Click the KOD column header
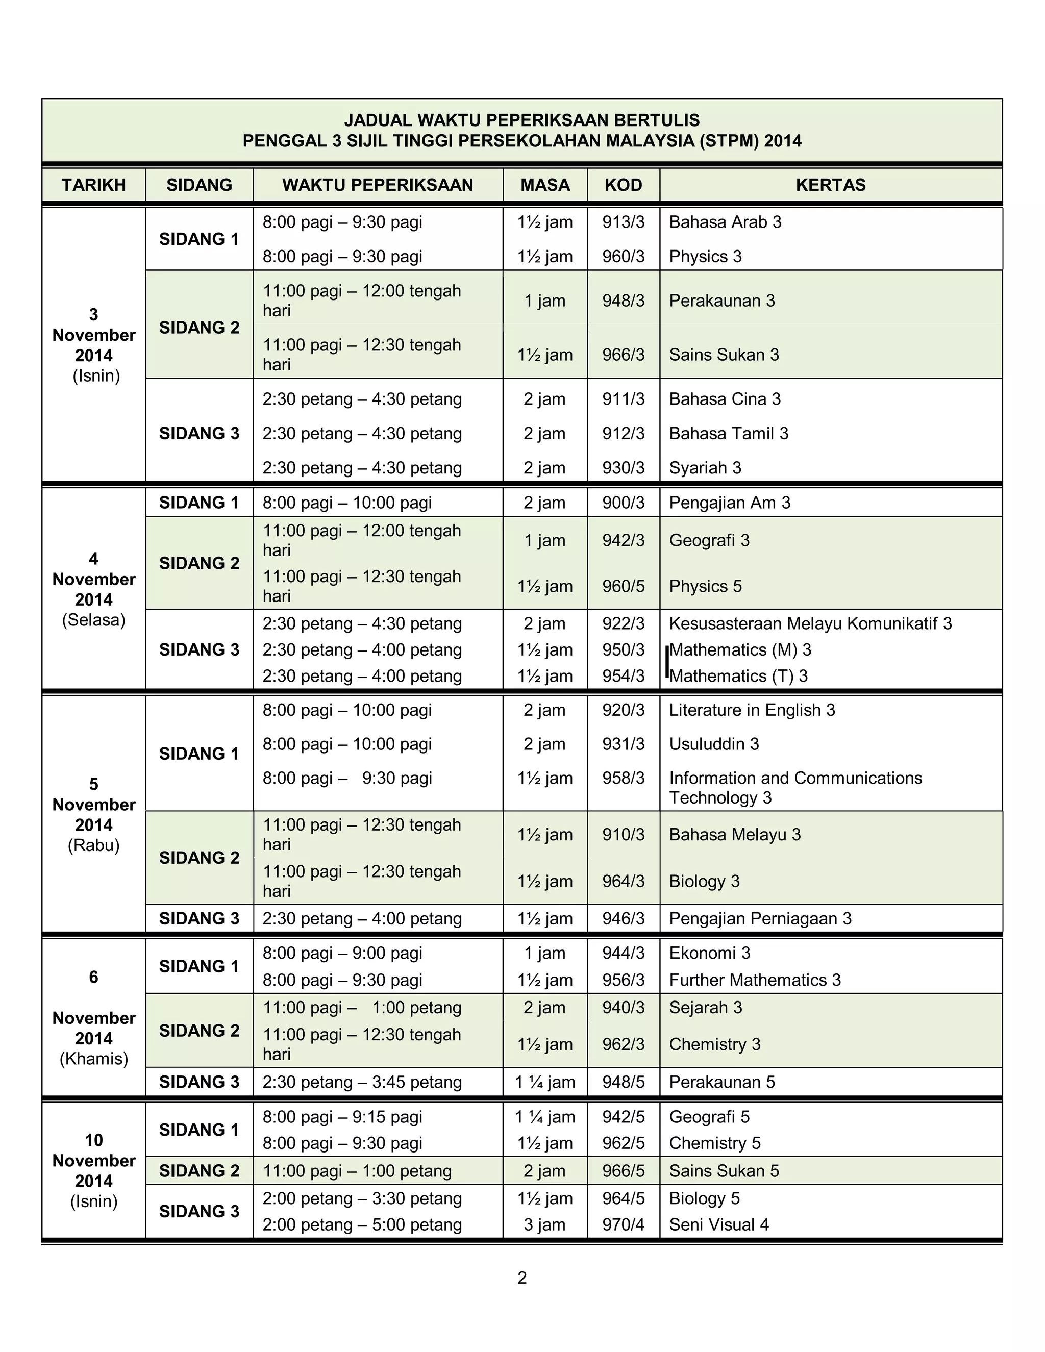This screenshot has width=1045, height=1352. coord(623,185)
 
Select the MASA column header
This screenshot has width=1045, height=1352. coord(545,185)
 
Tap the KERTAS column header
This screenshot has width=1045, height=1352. coord(830,185)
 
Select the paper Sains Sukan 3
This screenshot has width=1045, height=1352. coord(724,355)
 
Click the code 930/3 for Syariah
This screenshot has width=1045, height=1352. coord(623,468)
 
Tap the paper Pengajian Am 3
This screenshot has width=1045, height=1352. coord(729,503)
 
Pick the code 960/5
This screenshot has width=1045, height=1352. coord(623,586)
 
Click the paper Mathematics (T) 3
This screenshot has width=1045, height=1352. coord(738,676)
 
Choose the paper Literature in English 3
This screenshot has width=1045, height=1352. coord(752,710)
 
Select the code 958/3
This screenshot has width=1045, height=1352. coord(623,778)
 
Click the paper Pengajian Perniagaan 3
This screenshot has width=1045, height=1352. coord(760,919)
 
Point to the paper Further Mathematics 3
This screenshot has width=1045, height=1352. coord(755,980)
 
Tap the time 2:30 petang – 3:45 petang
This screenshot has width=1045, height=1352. coord(362,1082)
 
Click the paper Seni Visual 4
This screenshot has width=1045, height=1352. coord(719,1224)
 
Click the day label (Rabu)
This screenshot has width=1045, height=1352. coord(93,845)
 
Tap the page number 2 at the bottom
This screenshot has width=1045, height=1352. coord(522,1278)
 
